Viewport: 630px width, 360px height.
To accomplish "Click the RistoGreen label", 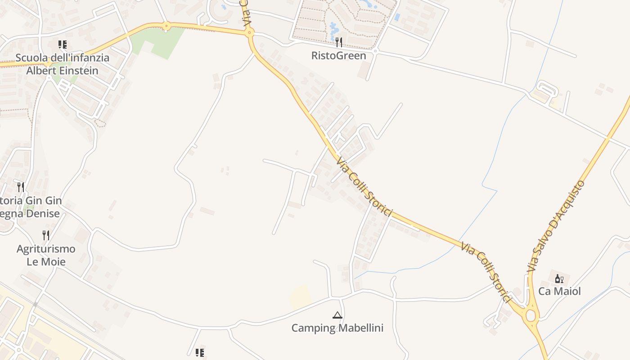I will [338, 56].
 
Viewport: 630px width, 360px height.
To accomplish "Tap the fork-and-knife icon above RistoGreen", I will [339, 42].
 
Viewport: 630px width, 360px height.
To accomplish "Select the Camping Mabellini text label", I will [337, 328].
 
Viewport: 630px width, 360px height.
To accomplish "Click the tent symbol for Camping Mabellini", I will [337, 315].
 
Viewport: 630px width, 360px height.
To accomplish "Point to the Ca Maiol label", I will [559, 291].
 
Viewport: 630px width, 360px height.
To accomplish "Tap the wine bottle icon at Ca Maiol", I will [559, 279].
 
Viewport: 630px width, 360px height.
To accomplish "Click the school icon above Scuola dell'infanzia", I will [62, 45].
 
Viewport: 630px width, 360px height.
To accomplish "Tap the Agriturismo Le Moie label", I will [46, 255].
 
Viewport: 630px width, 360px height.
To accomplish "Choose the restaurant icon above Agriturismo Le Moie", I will [45, 235].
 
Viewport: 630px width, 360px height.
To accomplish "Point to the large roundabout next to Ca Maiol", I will [531, 315].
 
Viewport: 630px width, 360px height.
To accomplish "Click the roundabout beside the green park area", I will [166, 26].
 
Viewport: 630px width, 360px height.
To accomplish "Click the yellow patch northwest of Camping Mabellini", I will [301, 297].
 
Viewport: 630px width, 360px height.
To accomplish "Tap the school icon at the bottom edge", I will [200, 352].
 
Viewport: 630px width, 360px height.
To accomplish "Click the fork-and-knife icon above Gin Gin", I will [21, 187].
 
